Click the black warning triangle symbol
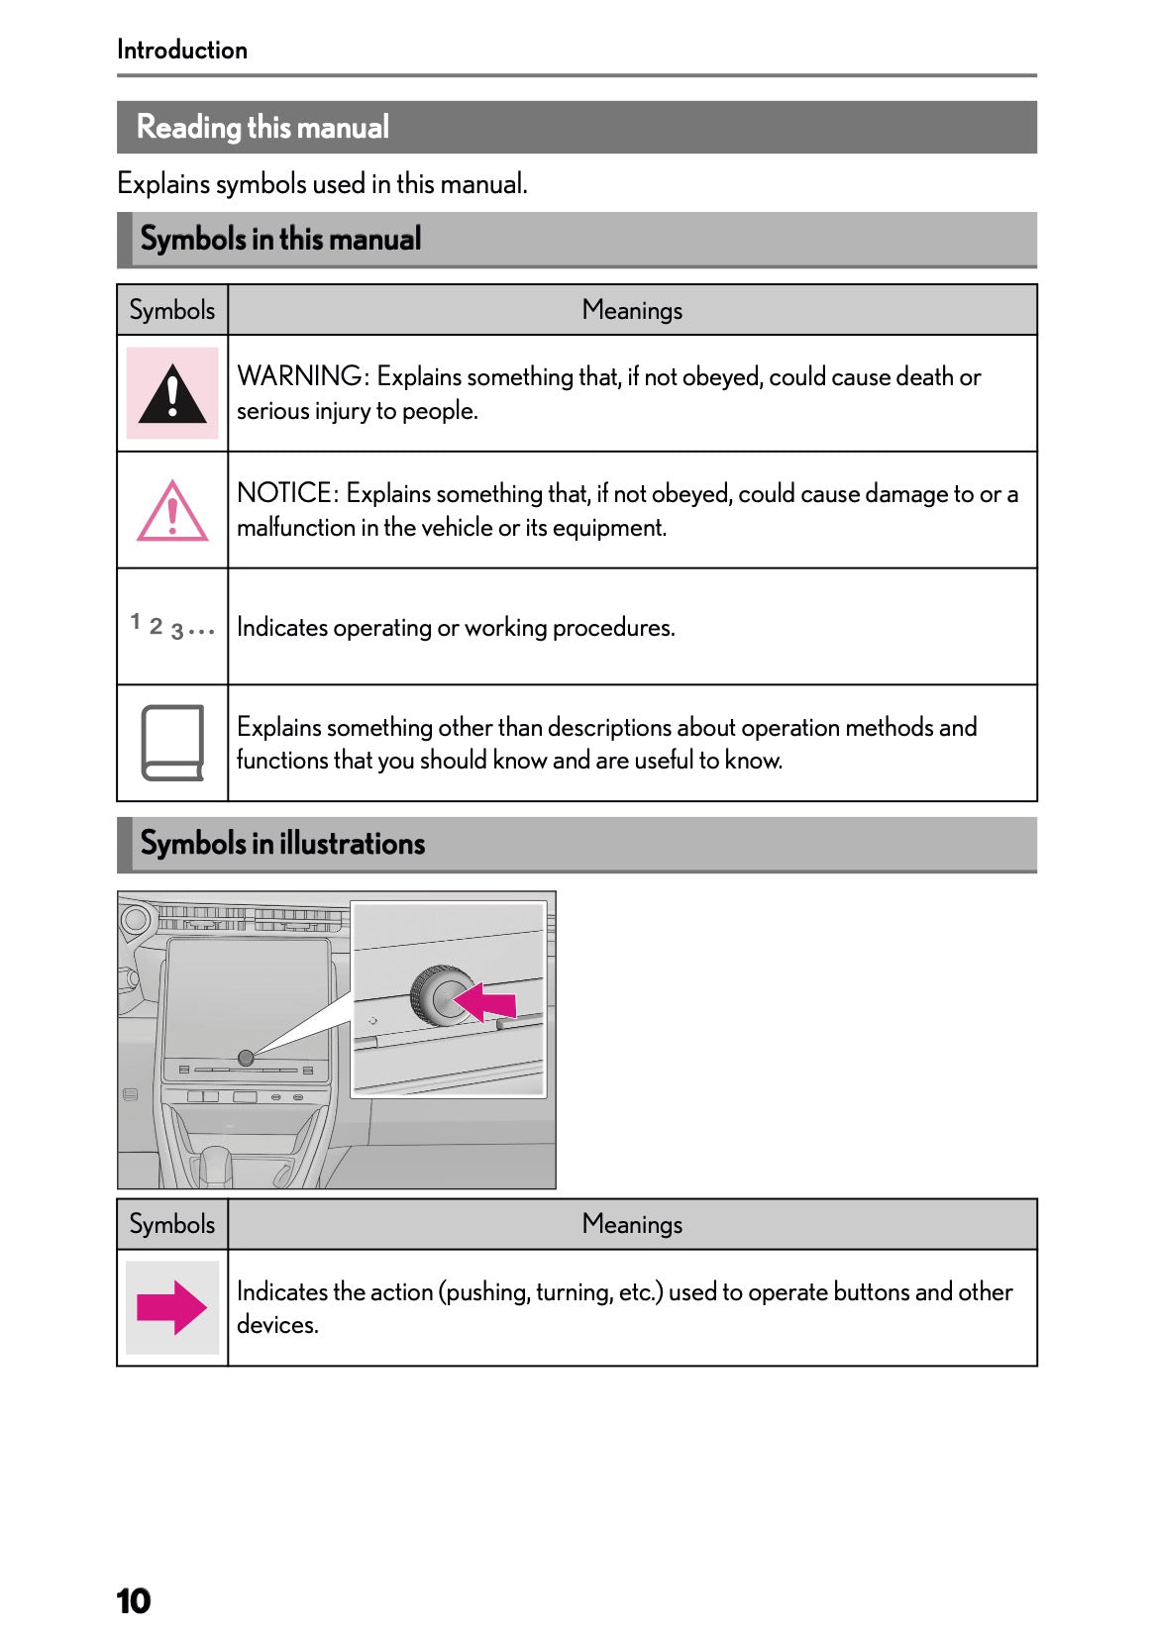click(x=172, y=394)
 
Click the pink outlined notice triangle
click(x=172, y=512)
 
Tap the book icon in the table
click(x=172, y=743)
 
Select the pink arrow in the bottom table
click(x=171, y=1307)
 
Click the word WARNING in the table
click(x=300, y=376)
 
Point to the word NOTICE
click(x=285, y=493)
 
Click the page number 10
click(x=133, y=1600)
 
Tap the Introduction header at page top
click(x=182, y=50)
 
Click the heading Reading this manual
click(x=262, y=128)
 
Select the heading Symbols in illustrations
click(x=282, y=844)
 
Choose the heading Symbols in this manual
click(x=280, y=240)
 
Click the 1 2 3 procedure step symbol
click(x=171, y=627)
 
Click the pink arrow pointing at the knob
click(x=486, y=1001)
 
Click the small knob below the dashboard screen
click(x=246, y=1058)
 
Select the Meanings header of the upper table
click(x=632, y=311)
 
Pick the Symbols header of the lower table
click(x=172, y=1224)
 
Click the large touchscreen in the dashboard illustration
click(x=248, y=990)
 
